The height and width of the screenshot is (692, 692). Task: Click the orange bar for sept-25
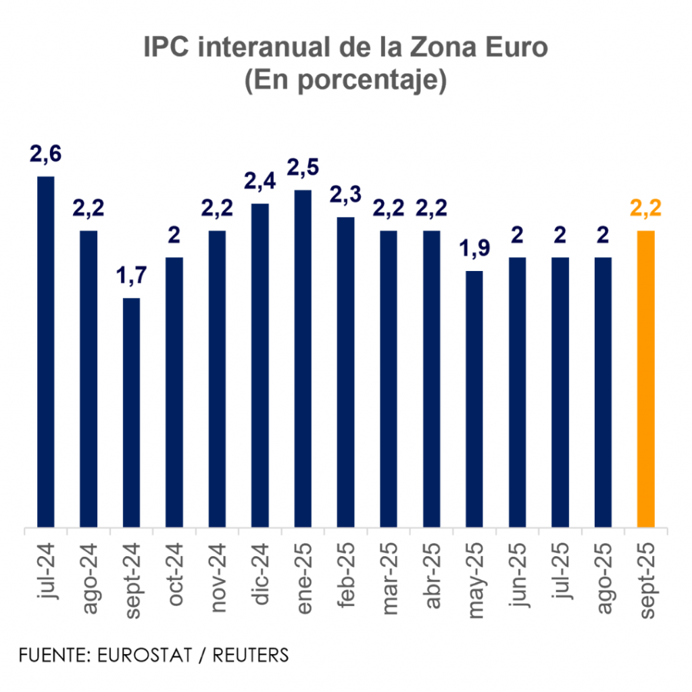click(x=646, y=378)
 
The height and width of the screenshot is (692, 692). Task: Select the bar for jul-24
click(x=46, y=351)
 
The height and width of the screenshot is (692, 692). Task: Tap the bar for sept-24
click(x=132, y=412)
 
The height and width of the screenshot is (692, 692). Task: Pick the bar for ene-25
click(x=303, y=358)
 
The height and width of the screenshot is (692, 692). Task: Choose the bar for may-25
click(x=474, y=399)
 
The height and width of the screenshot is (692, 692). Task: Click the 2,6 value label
click(x=46, y=154)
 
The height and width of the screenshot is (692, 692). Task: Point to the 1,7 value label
click(x=132, y=276)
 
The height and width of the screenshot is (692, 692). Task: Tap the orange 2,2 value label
click(x=646, y=209)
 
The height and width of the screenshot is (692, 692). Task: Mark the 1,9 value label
click(x=474, y=249)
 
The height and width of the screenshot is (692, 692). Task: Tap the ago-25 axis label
click(x=603, y=574)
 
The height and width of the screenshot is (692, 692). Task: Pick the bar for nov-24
click(x=218, y=378)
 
